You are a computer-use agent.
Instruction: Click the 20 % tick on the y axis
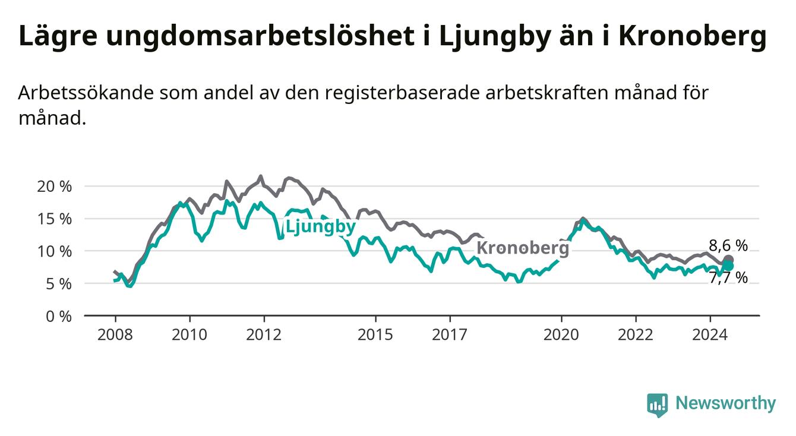(x=54, y=187)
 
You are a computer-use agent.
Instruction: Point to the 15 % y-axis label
(x=54, y=219)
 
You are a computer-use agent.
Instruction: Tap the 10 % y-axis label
(x=54, y=252)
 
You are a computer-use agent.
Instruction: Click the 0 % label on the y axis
(x=59, y=317)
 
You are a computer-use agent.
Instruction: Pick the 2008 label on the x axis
(x=115, y=335)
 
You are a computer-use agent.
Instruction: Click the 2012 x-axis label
(x=264, y=335)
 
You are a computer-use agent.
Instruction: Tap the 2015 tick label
(x=375, y=335)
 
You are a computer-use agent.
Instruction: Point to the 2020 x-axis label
(x=561, y=335)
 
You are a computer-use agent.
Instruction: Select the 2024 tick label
(x=710, y=335)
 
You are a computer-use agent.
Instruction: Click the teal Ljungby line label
(x=321, y=228)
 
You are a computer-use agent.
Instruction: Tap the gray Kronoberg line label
(x=523, y=248)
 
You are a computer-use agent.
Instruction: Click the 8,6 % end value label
(x=728, y=245)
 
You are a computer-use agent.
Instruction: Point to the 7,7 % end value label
(x=728, y=277)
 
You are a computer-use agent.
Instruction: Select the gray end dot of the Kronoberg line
(x=728, y=260)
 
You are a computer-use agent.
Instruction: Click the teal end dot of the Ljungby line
(x=728, y=266)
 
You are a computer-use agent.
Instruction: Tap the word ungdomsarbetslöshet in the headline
(x=260, y=36)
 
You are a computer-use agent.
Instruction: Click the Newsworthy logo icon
(x=657, y=405)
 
